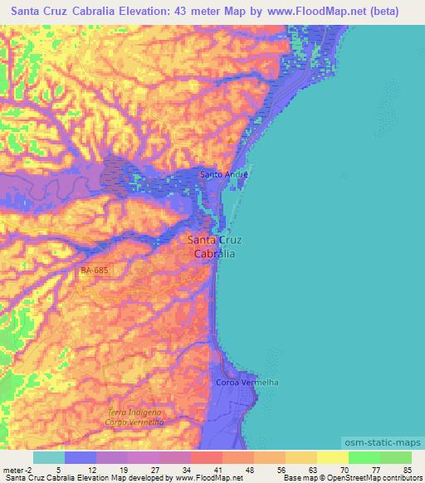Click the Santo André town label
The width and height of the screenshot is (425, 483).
[x=223, y=174]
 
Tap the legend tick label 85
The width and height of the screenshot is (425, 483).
[x=407, y=471]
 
